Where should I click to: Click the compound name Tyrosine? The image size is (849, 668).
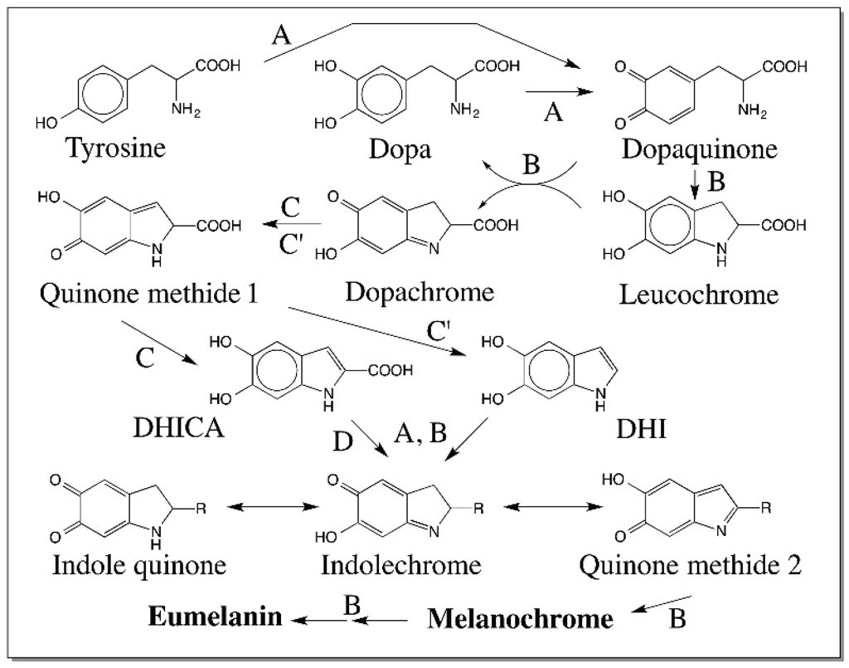[116, 149]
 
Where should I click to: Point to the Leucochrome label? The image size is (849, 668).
[699, 294]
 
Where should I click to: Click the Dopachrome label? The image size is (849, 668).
[420, 292]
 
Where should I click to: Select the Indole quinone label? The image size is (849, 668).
[139, 565]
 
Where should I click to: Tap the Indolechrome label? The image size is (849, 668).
[401, 565]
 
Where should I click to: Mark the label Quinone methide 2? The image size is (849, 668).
[690, 565]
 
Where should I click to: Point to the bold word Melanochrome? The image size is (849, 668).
[521, 618]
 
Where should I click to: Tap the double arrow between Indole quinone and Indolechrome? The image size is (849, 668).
[275, 507]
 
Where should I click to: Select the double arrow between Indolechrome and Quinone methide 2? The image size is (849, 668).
[554, 507]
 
